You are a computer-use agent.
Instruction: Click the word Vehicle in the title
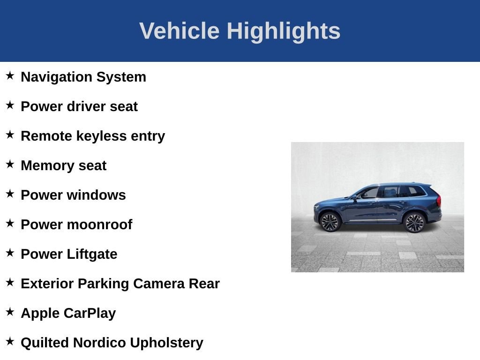point(180,30)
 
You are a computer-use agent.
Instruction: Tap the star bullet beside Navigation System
point(10,75)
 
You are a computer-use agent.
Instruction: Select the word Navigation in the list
point(56,77)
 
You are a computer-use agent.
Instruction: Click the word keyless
point(101,136)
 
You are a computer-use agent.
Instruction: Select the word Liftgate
point(92,255)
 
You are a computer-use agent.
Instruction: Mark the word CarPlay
point(90,314)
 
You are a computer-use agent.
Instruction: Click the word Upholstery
point(166,343)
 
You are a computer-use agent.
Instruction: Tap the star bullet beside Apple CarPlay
point(10,312)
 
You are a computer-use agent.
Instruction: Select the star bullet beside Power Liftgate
point(10,253)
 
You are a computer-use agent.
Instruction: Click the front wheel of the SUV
point(330,222)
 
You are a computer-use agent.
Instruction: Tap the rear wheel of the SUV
point(414,223)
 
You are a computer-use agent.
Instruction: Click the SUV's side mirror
point(354,198)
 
